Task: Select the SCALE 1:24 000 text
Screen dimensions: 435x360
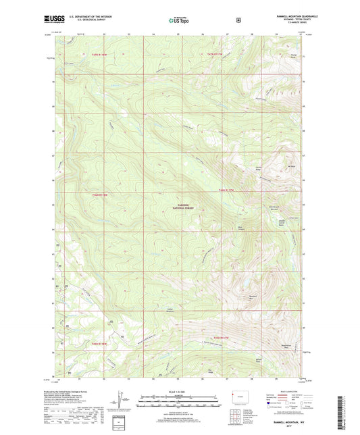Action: click(x=179, y=392)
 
